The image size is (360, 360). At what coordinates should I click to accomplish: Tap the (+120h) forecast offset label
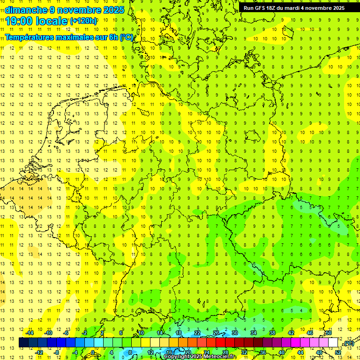point(84,21)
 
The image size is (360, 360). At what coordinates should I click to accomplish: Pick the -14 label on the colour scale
point(30,333)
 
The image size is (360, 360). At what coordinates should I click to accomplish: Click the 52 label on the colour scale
point(338,352)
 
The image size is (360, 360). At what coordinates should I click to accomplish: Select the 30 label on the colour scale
point(235,333)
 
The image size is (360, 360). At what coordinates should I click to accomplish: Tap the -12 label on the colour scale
point(39,352)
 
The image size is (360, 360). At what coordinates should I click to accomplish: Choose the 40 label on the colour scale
point(282,352)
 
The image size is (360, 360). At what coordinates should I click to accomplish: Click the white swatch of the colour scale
point(333,343)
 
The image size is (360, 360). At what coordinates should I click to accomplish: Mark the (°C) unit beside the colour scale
point(349,344)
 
